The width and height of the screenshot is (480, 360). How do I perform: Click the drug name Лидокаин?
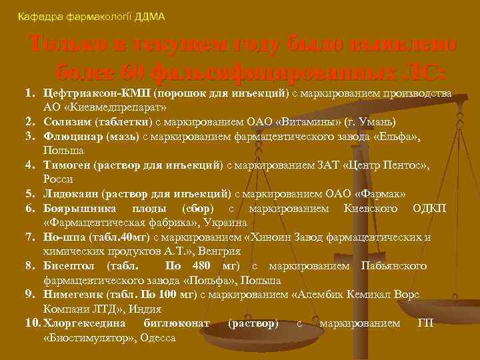pyautogui.click(x=69, y=194)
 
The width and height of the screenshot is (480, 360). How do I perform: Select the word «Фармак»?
pyautogui.click(x=383, y=194)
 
